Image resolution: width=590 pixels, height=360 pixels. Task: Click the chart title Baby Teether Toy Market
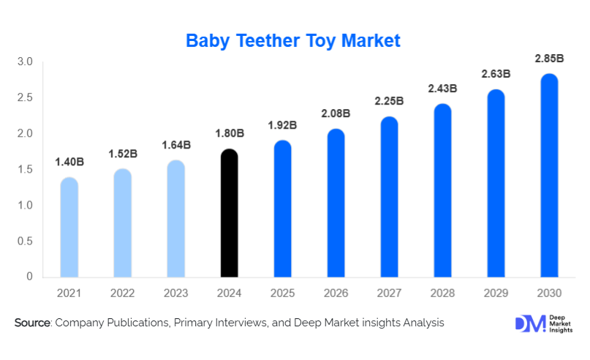pos(293,40)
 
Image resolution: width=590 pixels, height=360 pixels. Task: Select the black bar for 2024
pos(230,214)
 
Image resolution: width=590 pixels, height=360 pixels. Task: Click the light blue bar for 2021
pos(69,228)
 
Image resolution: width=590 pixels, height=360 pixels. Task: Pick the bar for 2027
pos(390,198)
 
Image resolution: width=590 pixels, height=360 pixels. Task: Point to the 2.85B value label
pos(549,59)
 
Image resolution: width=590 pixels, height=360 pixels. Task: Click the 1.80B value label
pos(230,134)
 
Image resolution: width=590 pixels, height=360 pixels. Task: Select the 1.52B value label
pos(123,154)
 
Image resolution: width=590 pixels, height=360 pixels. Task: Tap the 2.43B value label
pos(442,89)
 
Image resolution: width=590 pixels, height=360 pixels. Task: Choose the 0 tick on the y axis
pos(30,277)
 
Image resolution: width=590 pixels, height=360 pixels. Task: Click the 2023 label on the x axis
pos(176,293)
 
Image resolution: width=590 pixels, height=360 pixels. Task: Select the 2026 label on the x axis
pos(336,293)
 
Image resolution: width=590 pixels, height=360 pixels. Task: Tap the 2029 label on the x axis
pos(496,293)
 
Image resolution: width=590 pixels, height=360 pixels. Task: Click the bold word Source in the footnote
pos(32,323)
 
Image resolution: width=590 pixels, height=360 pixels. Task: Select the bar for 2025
pos(283,209)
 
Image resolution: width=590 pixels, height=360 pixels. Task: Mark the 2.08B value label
pos(336,113)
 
